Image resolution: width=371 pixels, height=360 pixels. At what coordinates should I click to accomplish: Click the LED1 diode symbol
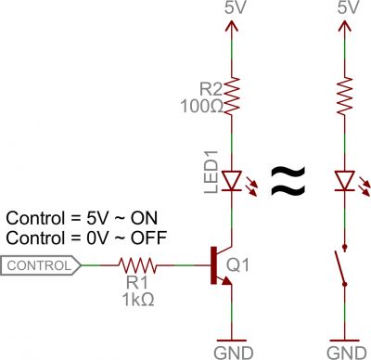click(x=227, y=177)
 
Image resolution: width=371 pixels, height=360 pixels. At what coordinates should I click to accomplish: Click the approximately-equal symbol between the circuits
click(x=287, y=179)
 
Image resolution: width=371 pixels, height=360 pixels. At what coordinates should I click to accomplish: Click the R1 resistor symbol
click(x=139, y=266)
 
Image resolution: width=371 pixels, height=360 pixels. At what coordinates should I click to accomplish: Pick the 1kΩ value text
click(x=138, y=299)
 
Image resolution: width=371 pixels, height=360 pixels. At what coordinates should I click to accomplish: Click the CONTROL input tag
click(x=42, y=266)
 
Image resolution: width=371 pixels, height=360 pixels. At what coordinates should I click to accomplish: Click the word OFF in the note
click(x=149, y=238)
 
